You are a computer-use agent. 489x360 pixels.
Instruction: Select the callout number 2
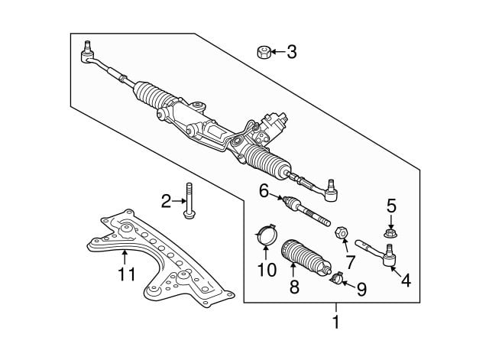click(x=166, y=202)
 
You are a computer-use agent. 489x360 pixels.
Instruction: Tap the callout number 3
click(x=291, y=52)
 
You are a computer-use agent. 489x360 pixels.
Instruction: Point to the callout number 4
click(x=406, y=281)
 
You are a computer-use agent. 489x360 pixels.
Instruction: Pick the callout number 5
click(x=391, y=205)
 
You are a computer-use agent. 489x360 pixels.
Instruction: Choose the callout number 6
click(x=264, y=192)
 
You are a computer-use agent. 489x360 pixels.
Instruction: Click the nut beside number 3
click(x=262, y=53)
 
